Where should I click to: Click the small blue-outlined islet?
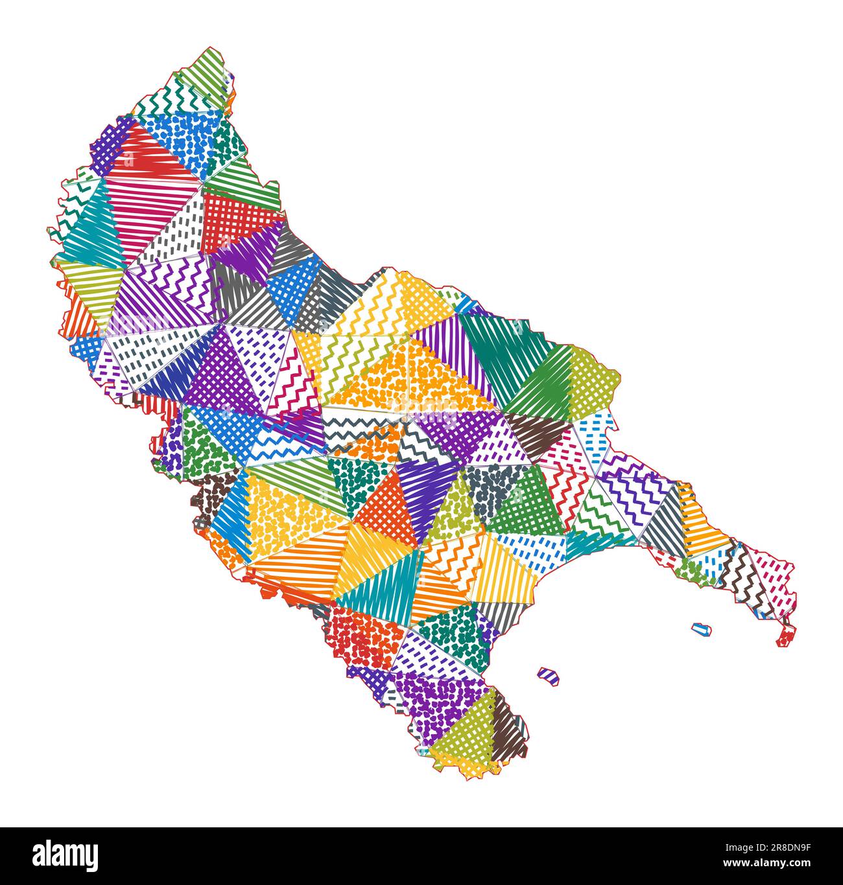(x=701, y=628)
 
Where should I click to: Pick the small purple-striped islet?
(x=549, y=675)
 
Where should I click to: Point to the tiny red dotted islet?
(x=785, y=638)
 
